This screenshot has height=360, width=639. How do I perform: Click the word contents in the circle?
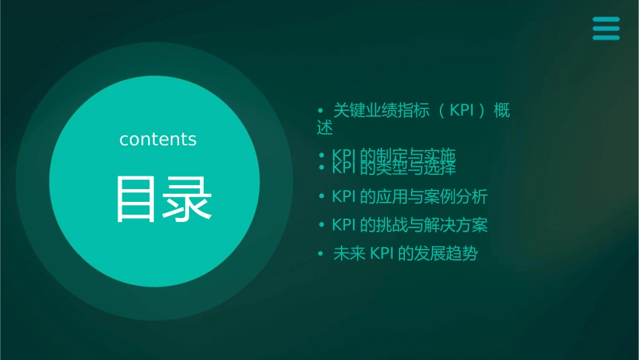157,139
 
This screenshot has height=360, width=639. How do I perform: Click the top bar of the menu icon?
606,20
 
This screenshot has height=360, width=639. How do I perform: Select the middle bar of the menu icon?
606,29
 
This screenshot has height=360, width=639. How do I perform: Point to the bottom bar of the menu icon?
606,38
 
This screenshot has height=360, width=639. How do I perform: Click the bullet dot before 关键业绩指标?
320,110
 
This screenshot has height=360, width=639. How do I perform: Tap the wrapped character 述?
325,127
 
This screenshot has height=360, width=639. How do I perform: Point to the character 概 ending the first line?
502,110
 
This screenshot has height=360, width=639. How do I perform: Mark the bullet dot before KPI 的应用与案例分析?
322,197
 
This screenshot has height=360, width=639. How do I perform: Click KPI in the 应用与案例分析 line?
344,197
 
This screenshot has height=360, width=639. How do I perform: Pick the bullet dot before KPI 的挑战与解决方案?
322,225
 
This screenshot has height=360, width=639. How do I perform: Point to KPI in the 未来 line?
381,254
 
